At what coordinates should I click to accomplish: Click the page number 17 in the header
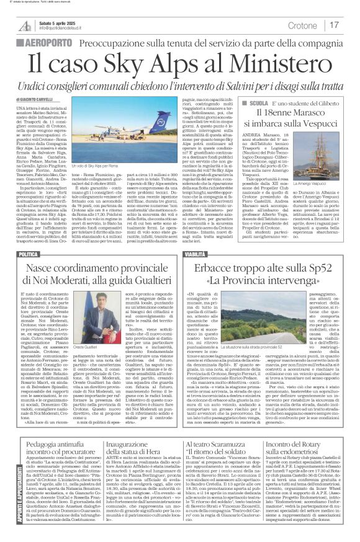point(334,25)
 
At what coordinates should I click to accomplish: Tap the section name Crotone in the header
point(303,25)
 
